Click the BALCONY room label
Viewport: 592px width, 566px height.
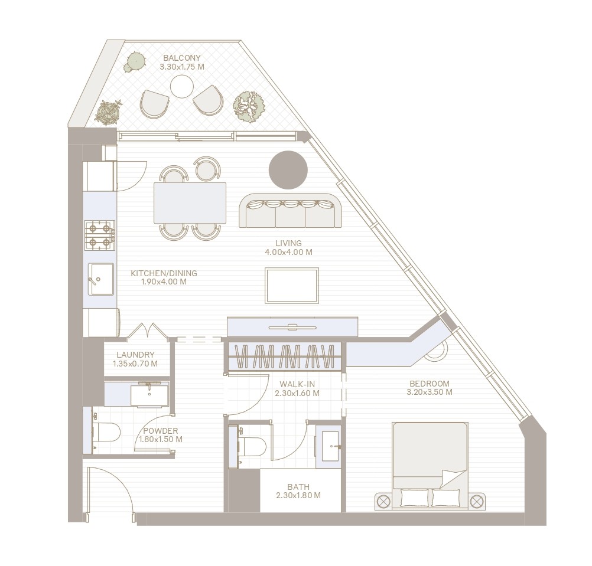[x=181, y=58]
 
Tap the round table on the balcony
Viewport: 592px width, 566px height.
[x=182, y=86]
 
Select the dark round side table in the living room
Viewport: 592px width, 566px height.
[x=288, y=170]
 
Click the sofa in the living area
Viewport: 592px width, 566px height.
[x=290, y=211]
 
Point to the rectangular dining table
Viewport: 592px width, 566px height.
[x=190, y=203]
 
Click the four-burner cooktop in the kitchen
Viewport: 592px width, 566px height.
[x=100, y=235]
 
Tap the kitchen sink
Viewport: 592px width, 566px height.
[x=101, y=279]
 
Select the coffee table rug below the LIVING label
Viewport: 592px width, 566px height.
[x=292, y=286]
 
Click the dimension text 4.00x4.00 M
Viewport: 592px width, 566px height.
[x=289, y=252]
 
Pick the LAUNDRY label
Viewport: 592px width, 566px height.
[x=135, y=355]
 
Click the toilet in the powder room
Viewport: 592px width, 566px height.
[x=106, y=432]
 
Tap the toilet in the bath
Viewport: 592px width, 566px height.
[x=252, y=446]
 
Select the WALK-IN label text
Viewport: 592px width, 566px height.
[x=297, y=384]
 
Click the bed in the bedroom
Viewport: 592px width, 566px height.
[x=430, y=466]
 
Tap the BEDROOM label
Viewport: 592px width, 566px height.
[x=430, y=384]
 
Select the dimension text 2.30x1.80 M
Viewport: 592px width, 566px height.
[x=298, y=496]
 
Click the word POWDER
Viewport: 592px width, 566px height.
[x=161, y=431]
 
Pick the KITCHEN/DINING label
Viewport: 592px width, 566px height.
[x=164, y=273]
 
